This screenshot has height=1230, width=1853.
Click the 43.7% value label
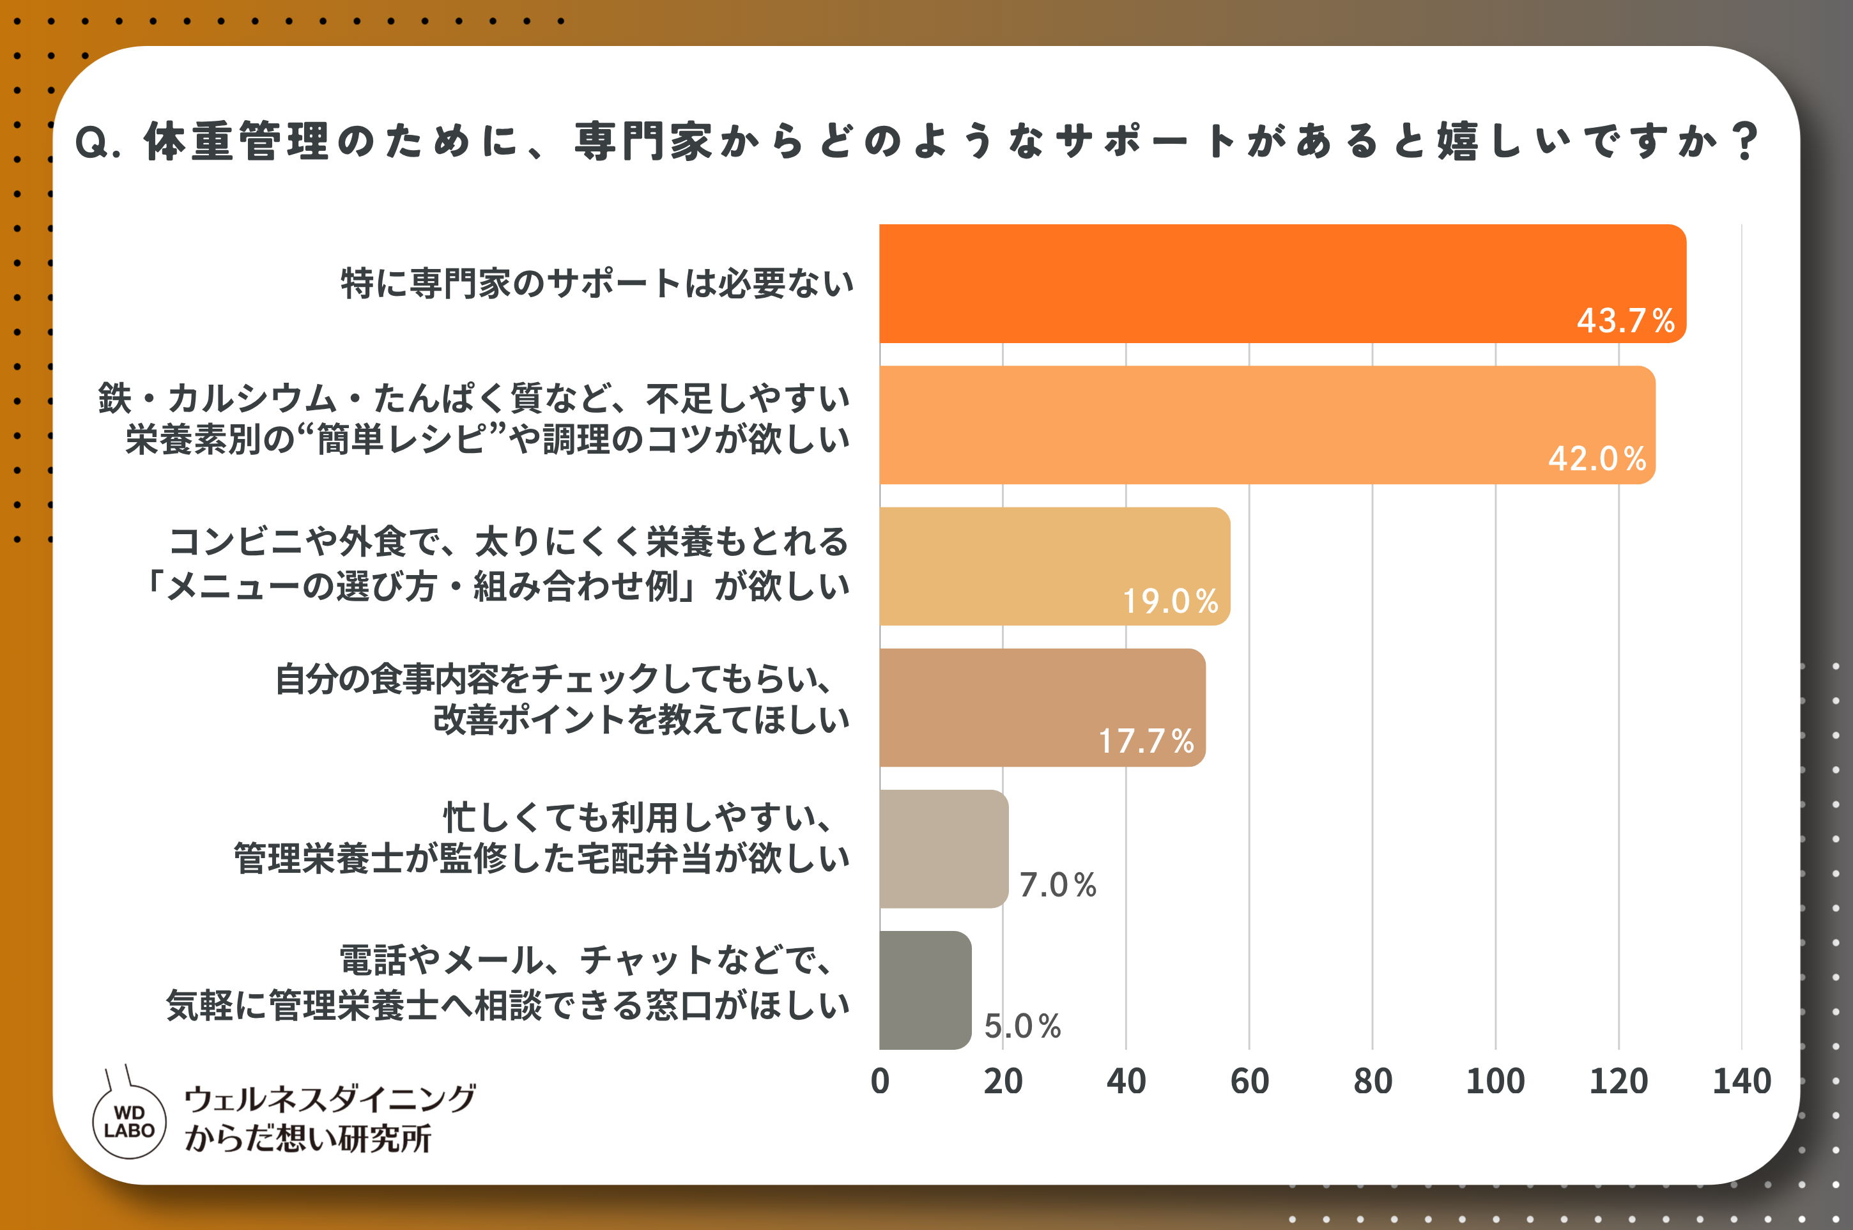coord(1626,320)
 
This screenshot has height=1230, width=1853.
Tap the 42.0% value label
coord(1597,459)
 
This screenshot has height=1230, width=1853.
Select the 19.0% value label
coord(1171,601)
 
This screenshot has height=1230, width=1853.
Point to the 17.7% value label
coord(1146,741)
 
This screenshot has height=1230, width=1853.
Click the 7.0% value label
coord(1057,885)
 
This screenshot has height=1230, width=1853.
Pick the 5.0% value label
coord(1022,1026)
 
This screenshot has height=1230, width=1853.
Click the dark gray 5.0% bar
coord(926,990)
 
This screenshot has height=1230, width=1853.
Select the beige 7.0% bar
coord(944,849)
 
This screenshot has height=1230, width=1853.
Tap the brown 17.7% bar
coord(1043,707)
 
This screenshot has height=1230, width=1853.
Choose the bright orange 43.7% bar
coord(1282,284)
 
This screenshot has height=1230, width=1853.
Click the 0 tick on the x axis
coord(880,1081)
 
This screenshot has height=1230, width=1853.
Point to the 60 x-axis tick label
coord(1250,1081)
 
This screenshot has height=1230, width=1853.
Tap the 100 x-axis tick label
coord(1495,1081)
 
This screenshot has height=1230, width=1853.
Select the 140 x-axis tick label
coord(1742,1081)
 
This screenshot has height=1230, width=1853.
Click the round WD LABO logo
coord(130,1122)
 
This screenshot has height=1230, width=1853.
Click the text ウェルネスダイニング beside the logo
coord(330,1099)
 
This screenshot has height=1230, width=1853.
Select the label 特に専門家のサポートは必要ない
coord(598,283)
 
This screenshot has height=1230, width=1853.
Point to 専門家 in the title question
coord(643,142)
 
